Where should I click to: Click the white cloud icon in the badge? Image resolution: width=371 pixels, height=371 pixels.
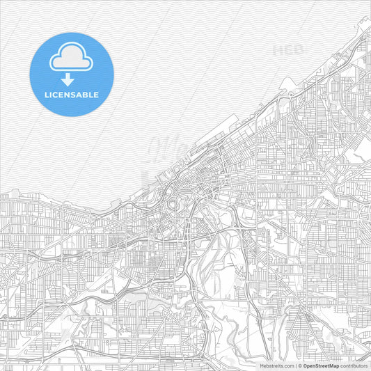click(72, 58)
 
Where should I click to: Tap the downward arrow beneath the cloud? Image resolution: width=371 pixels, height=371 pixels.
click(68, 80)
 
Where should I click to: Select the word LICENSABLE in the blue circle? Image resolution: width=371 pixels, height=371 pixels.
click(72, 95)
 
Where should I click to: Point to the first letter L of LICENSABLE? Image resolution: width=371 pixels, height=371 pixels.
click(47, 95)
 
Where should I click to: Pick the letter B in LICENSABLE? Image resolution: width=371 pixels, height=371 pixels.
click(86, 95)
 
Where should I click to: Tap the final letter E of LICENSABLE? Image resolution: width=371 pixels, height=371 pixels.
click(96, 95)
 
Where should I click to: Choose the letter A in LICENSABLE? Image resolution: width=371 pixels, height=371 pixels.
click(81, 95)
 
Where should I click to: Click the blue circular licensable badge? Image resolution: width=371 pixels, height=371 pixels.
click(72, 74)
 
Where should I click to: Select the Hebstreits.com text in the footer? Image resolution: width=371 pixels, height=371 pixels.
click(276, 365)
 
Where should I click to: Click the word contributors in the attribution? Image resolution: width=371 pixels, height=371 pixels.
click(354, 365)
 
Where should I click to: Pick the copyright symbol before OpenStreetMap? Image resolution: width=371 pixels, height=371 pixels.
click(300, 365)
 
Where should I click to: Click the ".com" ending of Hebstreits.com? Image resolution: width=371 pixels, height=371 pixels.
click(287, 365)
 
